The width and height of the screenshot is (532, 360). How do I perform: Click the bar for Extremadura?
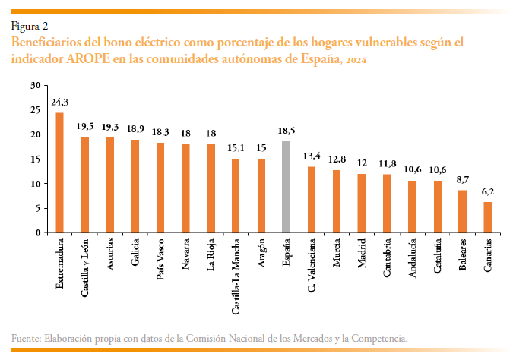tap(59, 173)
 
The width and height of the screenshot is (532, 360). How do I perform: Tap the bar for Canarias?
tap(487, 217)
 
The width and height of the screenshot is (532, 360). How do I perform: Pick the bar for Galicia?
tap(135, 186)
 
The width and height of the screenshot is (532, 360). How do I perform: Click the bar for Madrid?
tap(361, 203)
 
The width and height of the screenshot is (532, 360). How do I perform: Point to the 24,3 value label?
tap(59, 102)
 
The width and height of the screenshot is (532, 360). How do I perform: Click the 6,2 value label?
tap(487, 191)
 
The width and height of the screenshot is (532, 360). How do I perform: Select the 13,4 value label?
tap(311, 156)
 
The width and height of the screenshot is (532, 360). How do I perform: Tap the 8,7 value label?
tap(462, 179)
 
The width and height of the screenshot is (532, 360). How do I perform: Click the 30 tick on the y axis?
tap(36, 85)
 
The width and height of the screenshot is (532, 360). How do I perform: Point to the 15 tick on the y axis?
tap(36, 159)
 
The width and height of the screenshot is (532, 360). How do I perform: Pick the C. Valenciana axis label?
tap(311, 267)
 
